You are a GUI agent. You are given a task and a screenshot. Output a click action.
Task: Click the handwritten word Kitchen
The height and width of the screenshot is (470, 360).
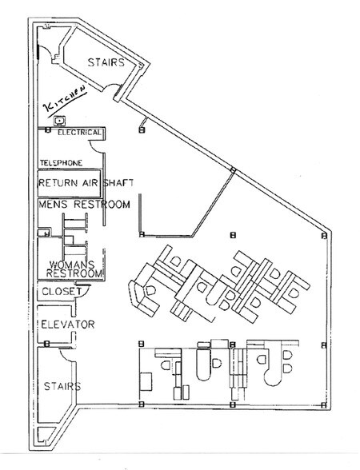pos(65,101)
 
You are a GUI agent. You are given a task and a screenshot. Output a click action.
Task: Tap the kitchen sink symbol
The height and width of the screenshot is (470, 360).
pos(60,121)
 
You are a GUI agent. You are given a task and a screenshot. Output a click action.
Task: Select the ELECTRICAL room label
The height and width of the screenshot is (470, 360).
pos(79,132)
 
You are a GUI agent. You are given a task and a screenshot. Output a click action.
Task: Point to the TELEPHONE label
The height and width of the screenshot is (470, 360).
pos(61,163)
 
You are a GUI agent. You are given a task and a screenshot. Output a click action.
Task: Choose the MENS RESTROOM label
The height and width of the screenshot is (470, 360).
pos(84,205)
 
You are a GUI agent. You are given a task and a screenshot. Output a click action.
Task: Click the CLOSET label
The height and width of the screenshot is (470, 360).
pos(62,291)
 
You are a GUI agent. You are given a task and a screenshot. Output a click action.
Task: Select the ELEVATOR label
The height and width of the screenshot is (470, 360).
pos(68,325)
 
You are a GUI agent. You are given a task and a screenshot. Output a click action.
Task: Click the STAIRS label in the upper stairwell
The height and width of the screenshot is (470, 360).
pos(106,62)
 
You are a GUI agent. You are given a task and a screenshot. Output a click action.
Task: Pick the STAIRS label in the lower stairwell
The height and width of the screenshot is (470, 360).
pos(62,386)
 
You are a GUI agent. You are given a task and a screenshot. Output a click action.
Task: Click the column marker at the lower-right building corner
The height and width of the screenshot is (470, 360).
pos(323,405)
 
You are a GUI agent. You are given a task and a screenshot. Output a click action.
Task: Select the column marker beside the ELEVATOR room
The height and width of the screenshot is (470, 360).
pos(46,344)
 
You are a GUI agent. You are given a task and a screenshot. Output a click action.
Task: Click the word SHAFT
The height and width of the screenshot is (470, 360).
pos(118,183)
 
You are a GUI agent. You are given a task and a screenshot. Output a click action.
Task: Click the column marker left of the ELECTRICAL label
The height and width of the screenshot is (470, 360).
pos(47,130)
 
